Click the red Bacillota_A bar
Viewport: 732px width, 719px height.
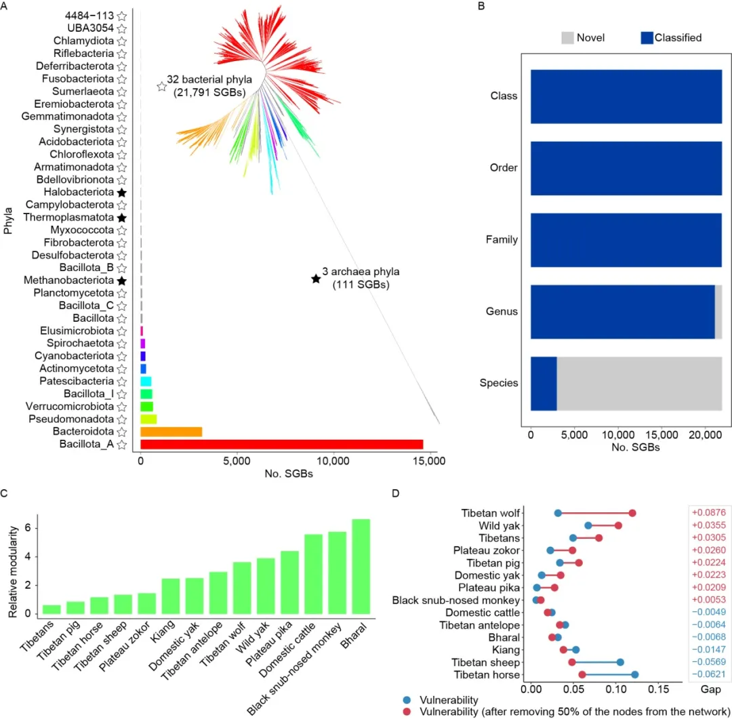click(x=281, y=445)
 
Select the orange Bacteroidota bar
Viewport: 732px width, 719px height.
click(x=171, y=432)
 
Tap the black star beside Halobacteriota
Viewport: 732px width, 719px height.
click(x=121, y=192)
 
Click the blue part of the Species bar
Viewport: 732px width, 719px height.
click(x=544, y=383)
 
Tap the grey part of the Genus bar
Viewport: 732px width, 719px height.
click(x=718, y=311)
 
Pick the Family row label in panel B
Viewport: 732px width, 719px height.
click(x=503, y=239)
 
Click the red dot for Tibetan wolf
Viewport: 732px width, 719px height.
click(x=632, y=512)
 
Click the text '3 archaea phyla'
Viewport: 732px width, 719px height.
click(x=361, y=272)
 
